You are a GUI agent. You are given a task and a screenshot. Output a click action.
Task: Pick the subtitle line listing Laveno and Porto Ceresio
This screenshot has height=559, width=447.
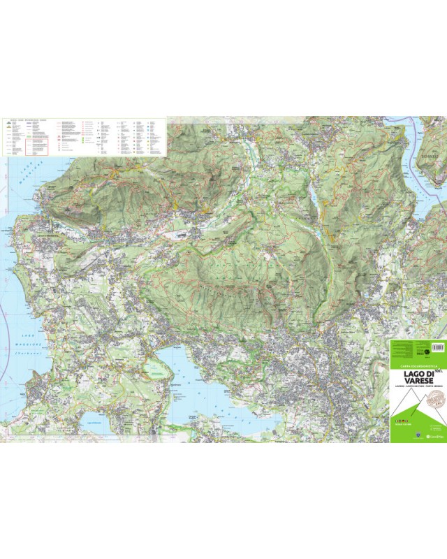tap(416, 390)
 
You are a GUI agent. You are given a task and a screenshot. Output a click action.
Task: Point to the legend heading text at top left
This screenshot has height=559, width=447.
tap(24, 120)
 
